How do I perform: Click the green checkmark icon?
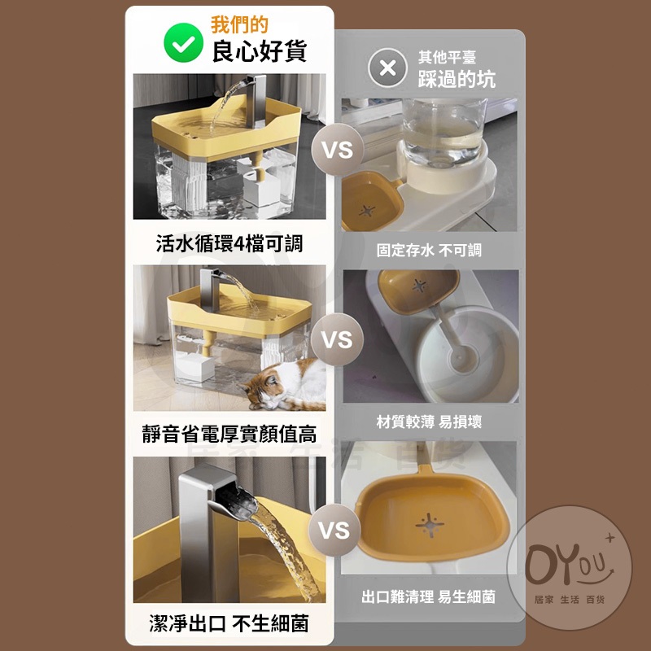184,43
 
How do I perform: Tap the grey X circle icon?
387,68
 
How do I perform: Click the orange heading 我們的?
239,24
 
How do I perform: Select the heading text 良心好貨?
260,51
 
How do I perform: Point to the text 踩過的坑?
457,79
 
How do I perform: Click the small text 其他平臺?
447,57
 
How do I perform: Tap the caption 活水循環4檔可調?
229,243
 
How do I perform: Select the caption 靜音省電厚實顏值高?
229,435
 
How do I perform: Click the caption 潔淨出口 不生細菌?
229,623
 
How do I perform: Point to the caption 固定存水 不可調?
429,251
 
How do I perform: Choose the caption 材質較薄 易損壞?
429,422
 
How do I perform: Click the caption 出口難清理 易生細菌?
429,597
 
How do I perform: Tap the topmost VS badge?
338,150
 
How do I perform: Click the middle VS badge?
337,339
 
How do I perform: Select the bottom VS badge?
334,530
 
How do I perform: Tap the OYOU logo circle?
570,567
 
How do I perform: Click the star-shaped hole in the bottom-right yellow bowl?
430,525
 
